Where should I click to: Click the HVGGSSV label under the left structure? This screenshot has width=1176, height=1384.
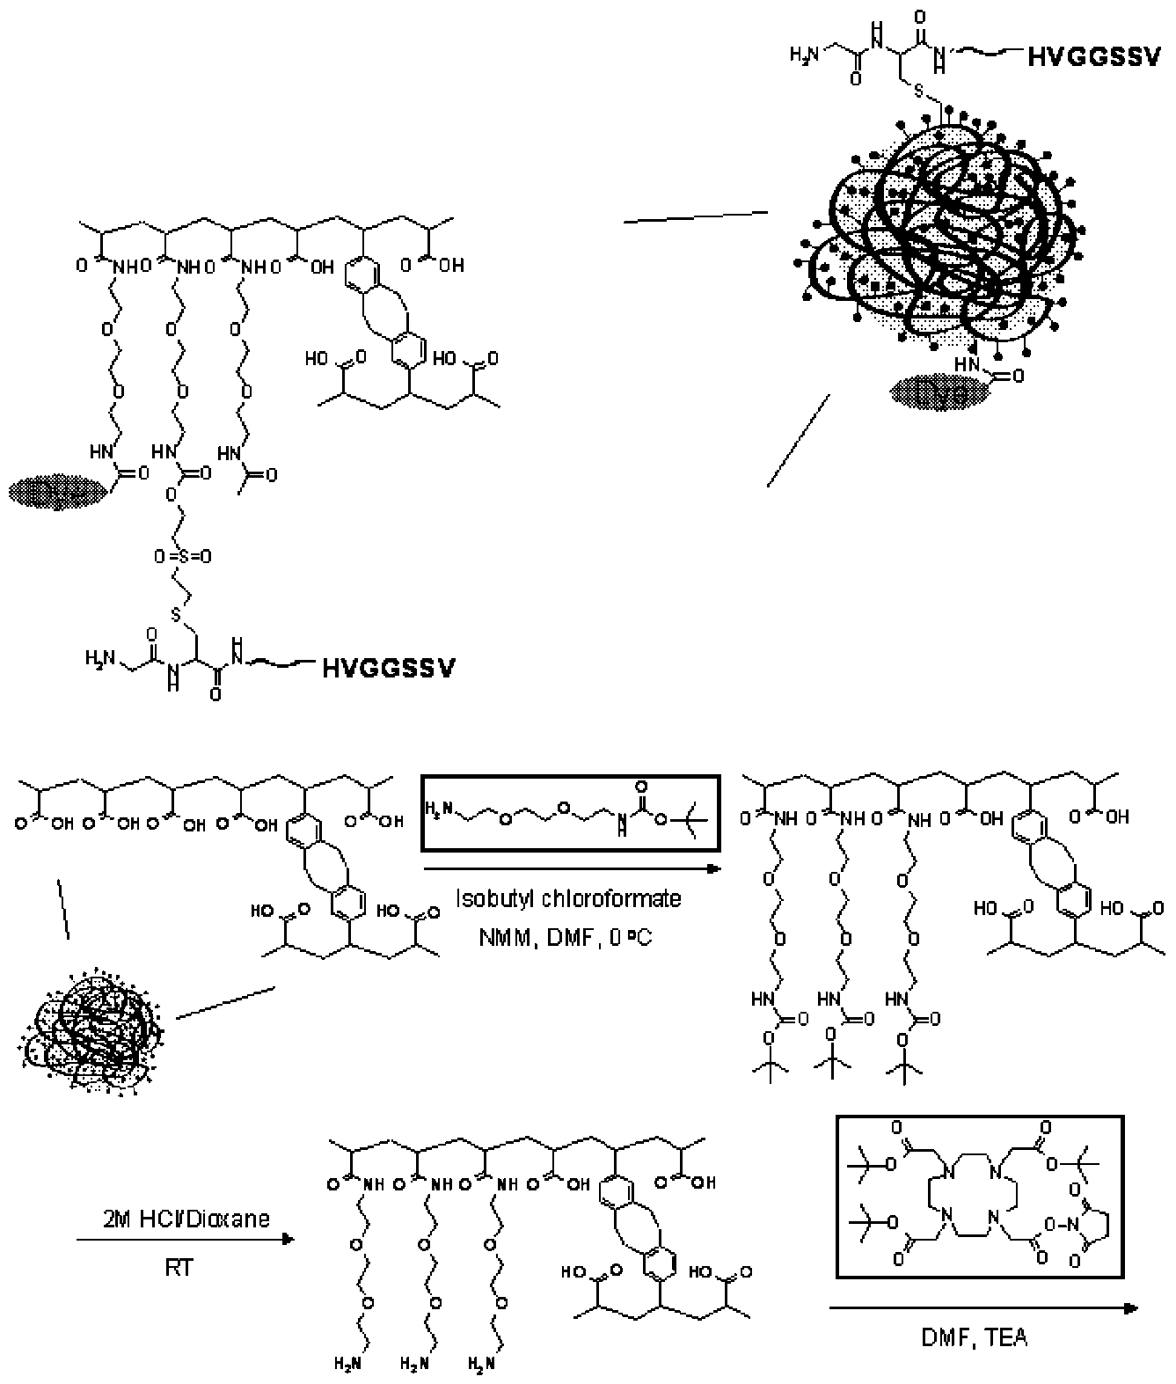[389, 670]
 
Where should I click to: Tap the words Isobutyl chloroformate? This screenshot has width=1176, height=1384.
[568, 899]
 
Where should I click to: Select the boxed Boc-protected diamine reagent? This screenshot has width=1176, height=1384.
[571, 812]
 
